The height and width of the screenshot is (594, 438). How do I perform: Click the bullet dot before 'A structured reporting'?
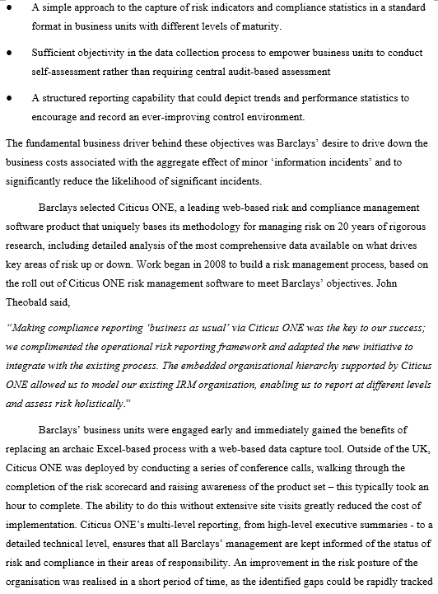pyautogui.click(x=8, y=97)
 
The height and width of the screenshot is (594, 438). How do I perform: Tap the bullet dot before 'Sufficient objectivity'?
pyautogui.click(x=8, y=51)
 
